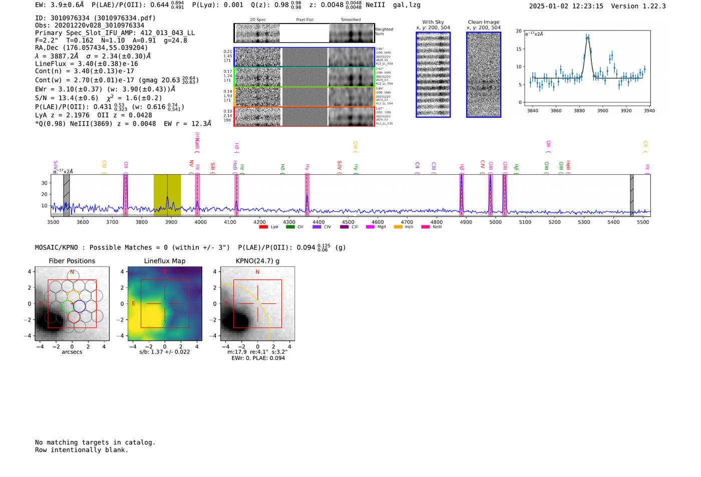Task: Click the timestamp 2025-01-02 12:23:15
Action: click(566, 6)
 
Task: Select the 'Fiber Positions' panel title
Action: click(72, 261)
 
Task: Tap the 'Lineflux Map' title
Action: click(165, 261)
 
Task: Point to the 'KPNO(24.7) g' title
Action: click(257, 261)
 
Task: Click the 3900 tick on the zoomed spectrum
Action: click(602, 111)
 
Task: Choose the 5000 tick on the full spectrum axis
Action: click(495, 222)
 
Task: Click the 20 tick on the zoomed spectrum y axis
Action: click(519, 31)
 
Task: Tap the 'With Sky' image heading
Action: click(433, 22)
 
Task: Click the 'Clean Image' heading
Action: click(483, 22)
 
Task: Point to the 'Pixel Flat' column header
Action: click(304, 20)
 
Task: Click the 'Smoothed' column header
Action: click(350, 20)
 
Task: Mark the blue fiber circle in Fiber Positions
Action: click(79, 306)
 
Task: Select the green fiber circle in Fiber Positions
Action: click(67, 306)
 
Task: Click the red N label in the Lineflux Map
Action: click(164, 272)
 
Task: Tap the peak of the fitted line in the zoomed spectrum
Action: click(587, 37)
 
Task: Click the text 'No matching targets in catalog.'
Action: click(95, 442)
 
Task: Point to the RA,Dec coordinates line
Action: click(91, 48)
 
